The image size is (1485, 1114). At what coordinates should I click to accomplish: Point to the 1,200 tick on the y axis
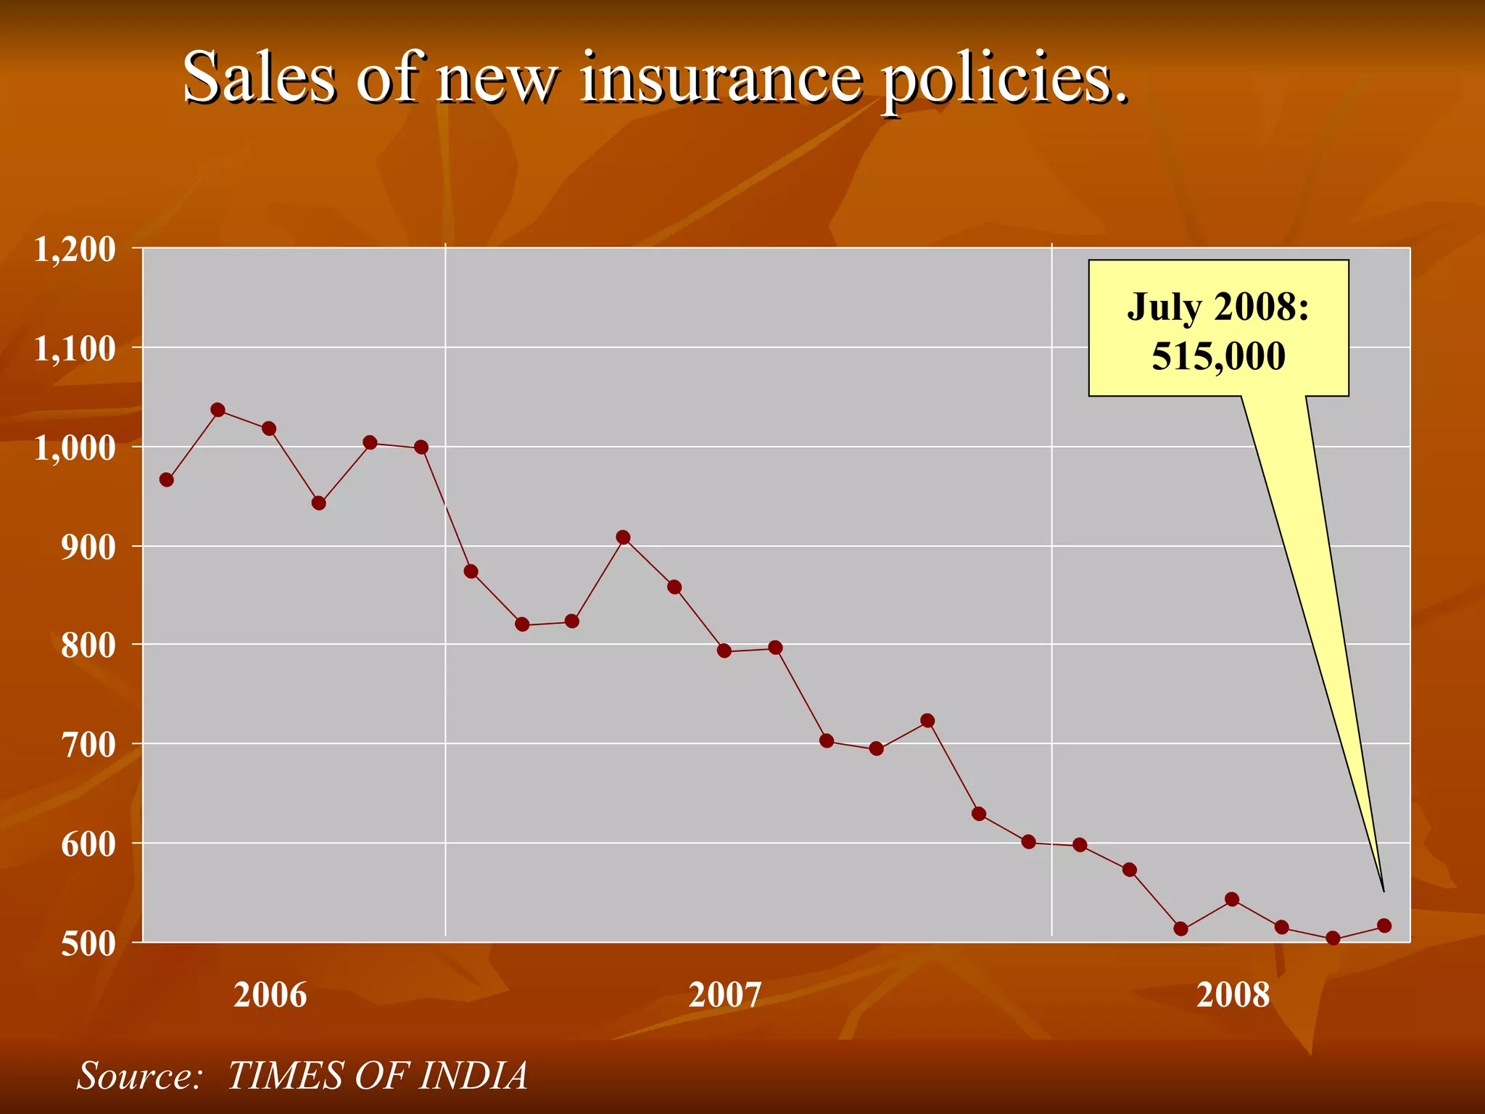click(75, 249)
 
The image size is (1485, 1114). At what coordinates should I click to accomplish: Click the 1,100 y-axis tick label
click(75, 349)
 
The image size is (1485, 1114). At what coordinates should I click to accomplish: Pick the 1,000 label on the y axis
click(75, 448)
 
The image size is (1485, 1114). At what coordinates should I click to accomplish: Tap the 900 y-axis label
click(88, 548)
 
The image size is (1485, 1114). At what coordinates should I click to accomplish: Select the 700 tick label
click(88, 746)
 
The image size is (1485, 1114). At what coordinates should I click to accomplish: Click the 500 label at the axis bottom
click(88, 944)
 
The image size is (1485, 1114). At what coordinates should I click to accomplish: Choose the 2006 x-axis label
click(270, 995)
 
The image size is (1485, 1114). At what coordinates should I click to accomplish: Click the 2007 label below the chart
click(724, 995)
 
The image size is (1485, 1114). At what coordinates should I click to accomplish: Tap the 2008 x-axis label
click(1233, 995)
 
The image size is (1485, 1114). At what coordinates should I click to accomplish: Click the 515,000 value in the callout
click(1218, 356)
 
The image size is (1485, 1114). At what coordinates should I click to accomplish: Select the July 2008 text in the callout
click(1218, 307)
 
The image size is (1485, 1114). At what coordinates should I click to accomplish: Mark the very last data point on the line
click(1383, 925)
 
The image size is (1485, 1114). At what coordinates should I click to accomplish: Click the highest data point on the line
click(218, 410)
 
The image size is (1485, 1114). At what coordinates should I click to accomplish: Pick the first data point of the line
click(166, 479)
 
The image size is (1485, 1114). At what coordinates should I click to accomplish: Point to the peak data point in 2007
click(623, 537)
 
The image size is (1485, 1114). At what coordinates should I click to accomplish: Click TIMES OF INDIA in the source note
click(377, 1076)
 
